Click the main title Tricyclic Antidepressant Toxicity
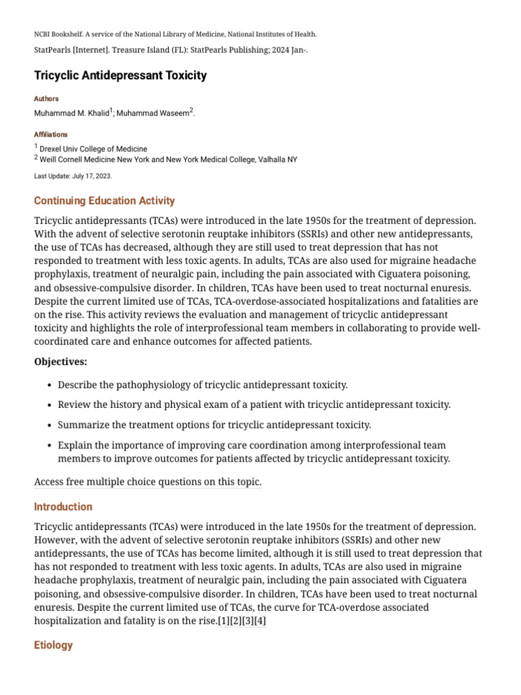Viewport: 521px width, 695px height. tap(120, 75)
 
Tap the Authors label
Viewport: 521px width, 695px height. tap(46, 99)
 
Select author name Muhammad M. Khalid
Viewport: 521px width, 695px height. tap(71, 114)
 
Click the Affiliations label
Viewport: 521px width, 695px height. tap(51, 135)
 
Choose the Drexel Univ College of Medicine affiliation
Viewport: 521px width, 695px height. tap(93, 149)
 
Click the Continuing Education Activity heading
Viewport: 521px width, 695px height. tap(104, 201)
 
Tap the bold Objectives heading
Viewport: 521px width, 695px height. tap(60, 362)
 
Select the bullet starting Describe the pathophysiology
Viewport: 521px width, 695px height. tap(202, 385)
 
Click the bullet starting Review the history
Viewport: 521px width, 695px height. tap(254, 405)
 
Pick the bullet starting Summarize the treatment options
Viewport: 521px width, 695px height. tap(214, 426)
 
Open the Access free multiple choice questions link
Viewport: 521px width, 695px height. tap(148, 483)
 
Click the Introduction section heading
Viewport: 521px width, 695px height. tap(63, 507)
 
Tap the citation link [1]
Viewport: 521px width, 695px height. tap(223, 621)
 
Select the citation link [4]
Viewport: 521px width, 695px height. tap(260, 621)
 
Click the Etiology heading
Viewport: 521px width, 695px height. tap(53, 645)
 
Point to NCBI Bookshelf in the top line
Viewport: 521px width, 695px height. tap(60, 34)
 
